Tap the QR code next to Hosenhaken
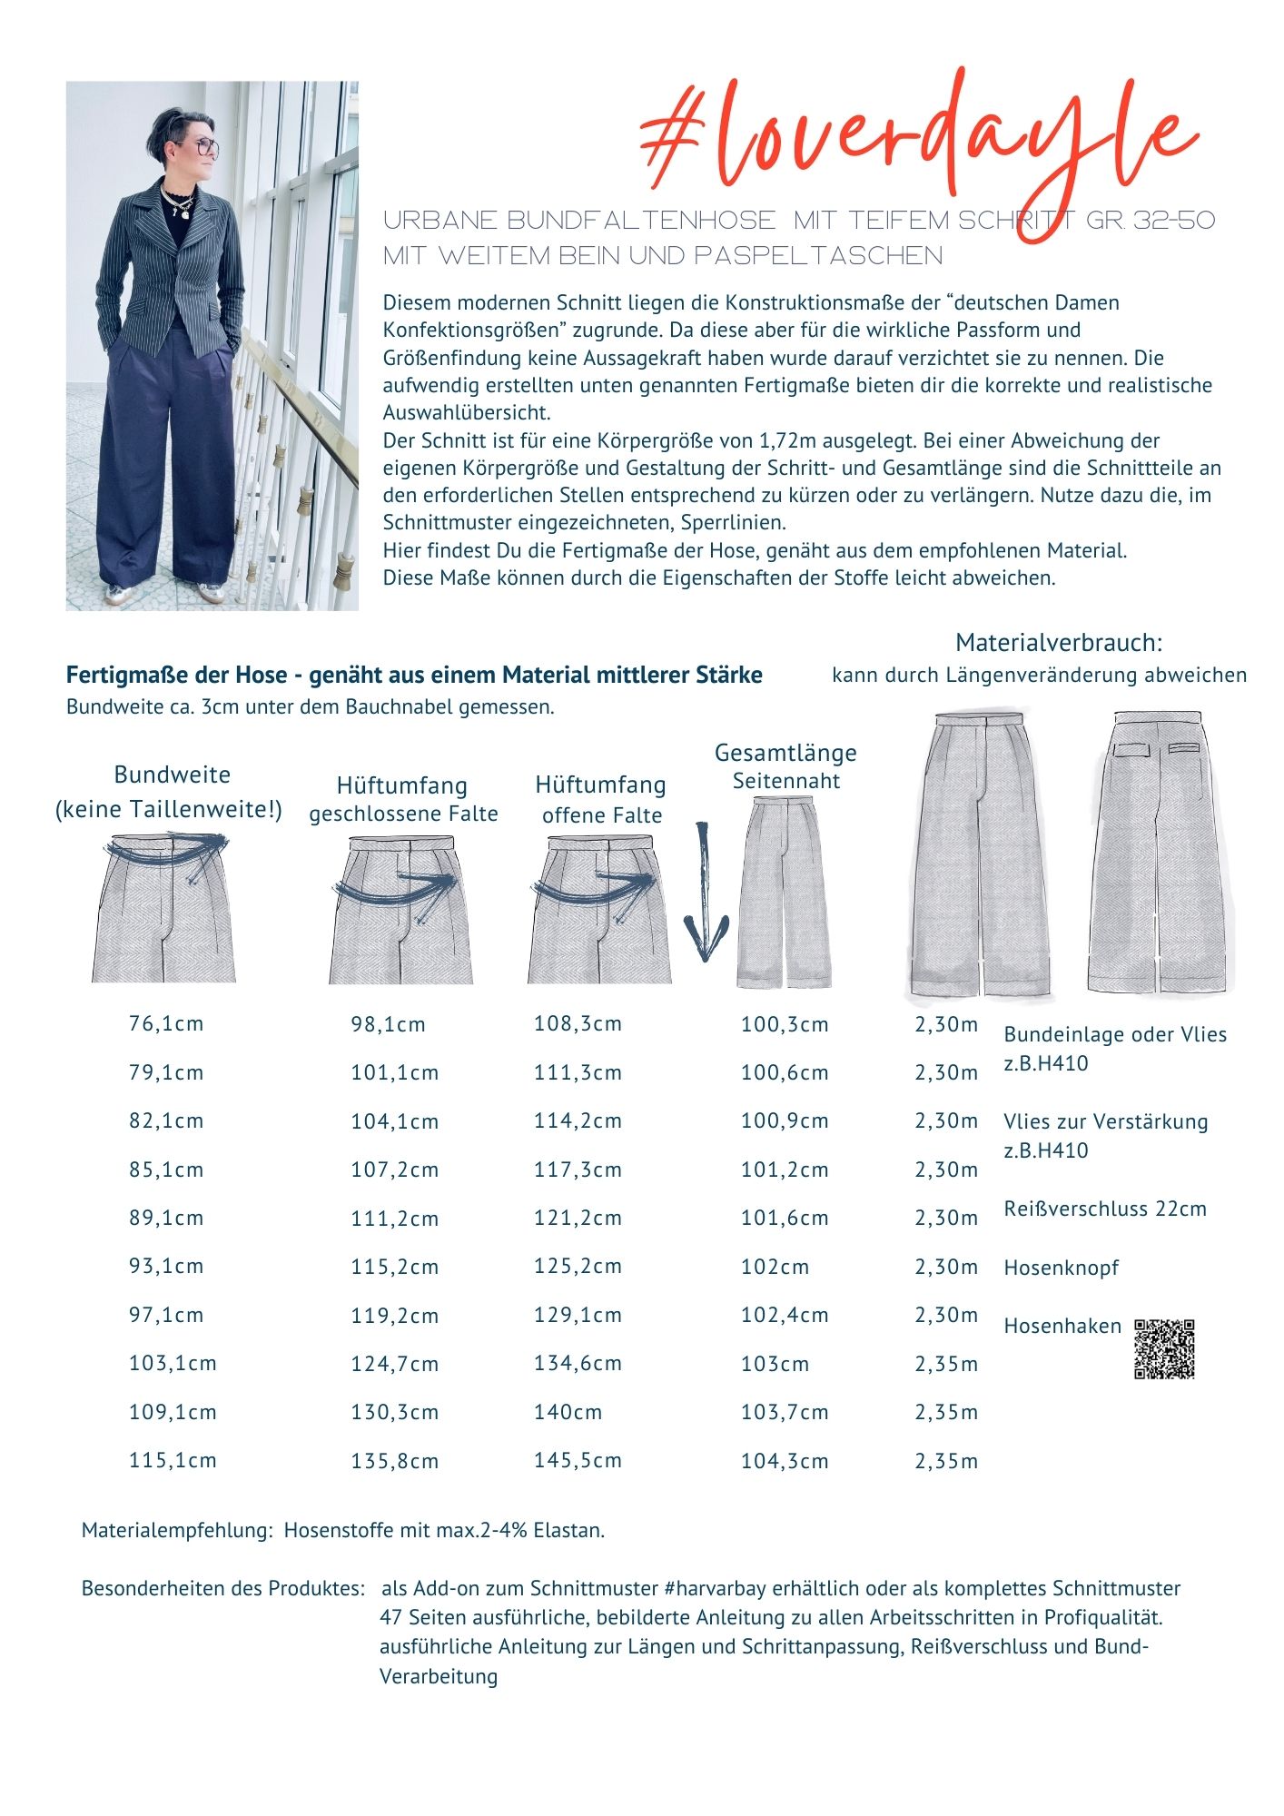[x=1164, y=1349]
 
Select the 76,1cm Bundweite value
[x=166, y=1024]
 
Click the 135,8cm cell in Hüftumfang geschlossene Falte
[x=394, y=1462]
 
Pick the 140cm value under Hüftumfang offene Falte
[x=568, y=1413]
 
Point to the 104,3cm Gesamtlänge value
[x=785, y=1462]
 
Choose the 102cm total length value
[x=775, y=1268]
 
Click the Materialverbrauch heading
[x=1059, y=643]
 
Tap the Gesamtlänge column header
[x=785, y=754]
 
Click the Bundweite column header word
[x=172, y=775]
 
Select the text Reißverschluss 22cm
[x=1105, y=1209]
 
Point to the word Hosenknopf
[x=1061, y=1268]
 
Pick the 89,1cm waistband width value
[x=166, y=1219]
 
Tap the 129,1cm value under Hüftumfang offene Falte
[x=578, y=1316]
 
